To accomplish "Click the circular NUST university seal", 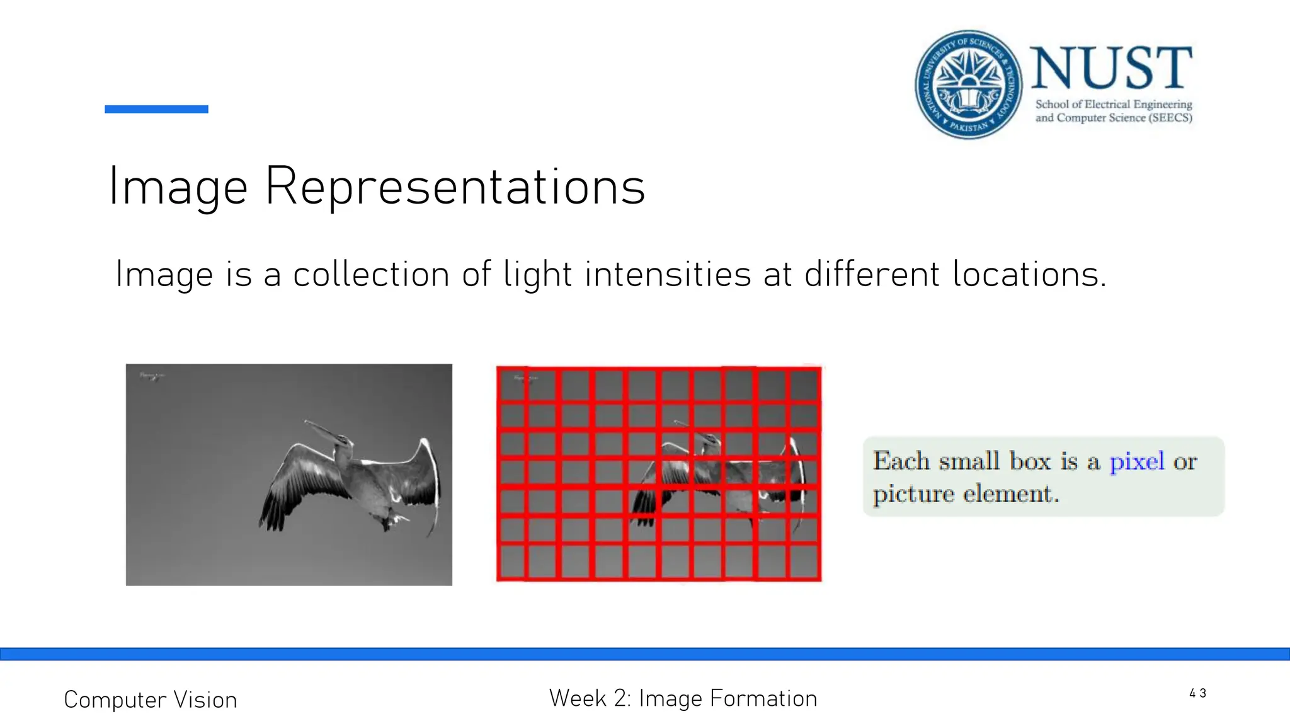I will (x=968, y=84).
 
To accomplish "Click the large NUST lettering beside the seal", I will (x=1111, y=68).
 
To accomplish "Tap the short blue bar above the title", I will (x=156, y=109).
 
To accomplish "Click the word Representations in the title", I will (x=455, y=187).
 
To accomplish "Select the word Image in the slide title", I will (x=178, y=187).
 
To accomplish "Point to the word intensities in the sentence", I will (x=668, y=275).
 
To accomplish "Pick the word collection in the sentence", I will (x=371, y=275).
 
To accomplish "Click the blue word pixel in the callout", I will (x=1136, y=461).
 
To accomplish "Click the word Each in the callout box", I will (x=901, y=461).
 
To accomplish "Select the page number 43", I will (x=1197, y=693).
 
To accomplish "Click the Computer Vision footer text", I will (x=151, y=700).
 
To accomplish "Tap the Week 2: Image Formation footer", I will (x=683, y=698).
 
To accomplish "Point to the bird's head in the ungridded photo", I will (x=344, y=441).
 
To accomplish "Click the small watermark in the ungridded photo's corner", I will (x=152, y=376).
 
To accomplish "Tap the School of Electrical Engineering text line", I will (x=1114, y=104).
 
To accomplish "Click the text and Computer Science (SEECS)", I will (x=1114, y=118).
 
